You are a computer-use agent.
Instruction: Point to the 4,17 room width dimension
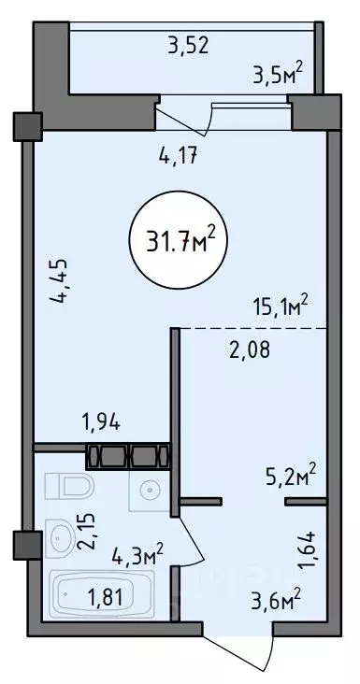tap(179, 155)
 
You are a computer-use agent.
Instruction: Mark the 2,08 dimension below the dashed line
tap(250, 349)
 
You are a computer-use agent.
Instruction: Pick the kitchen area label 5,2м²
tap(291, 477)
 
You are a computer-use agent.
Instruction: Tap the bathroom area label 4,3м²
tap(137, 555)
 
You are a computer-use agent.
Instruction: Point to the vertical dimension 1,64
tap(309, 549)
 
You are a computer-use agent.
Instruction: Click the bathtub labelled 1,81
tap(102, 593)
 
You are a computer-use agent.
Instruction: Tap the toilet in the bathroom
tap(70, 486)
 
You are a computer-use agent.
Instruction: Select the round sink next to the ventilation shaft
tap(150, 490)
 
